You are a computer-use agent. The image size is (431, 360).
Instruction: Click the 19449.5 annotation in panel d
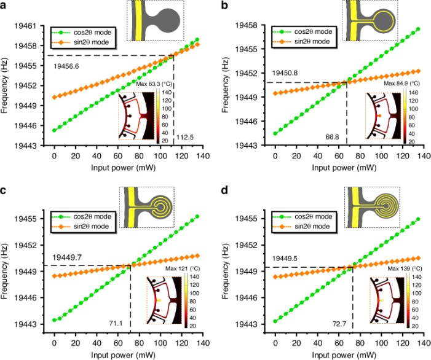(288, 259)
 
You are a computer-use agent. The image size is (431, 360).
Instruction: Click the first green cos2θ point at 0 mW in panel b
(275, 133)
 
